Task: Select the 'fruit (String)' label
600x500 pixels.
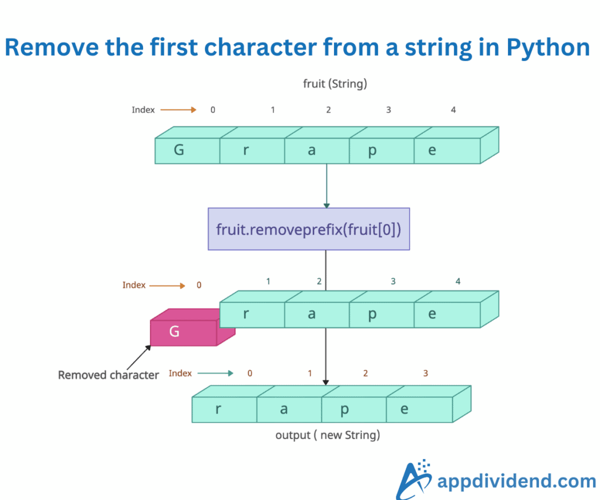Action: [335, 84]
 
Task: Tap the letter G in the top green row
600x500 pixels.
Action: [179, 150]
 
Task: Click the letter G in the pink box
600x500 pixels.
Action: [174, 332]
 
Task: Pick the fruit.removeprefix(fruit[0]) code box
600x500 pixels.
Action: [309, 229]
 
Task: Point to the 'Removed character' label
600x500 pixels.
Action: [108, 375]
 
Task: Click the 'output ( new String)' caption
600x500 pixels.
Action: [328, 436]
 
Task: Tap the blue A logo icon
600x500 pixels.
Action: [414, 479]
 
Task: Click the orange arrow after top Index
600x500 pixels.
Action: [178, 110]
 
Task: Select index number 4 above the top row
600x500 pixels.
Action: [453, 110]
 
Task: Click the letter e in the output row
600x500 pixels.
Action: [404, 409]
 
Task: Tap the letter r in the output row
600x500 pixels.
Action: [218, 409]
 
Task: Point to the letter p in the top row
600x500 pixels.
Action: [371, 151]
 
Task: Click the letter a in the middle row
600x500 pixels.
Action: [311, 314]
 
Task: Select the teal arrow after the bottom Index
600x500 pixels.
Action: [215, 373]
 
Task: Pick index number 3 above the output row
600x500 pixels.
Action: [425, 373]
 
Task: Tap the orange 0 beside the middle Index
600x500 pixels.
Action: [199, 285]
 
